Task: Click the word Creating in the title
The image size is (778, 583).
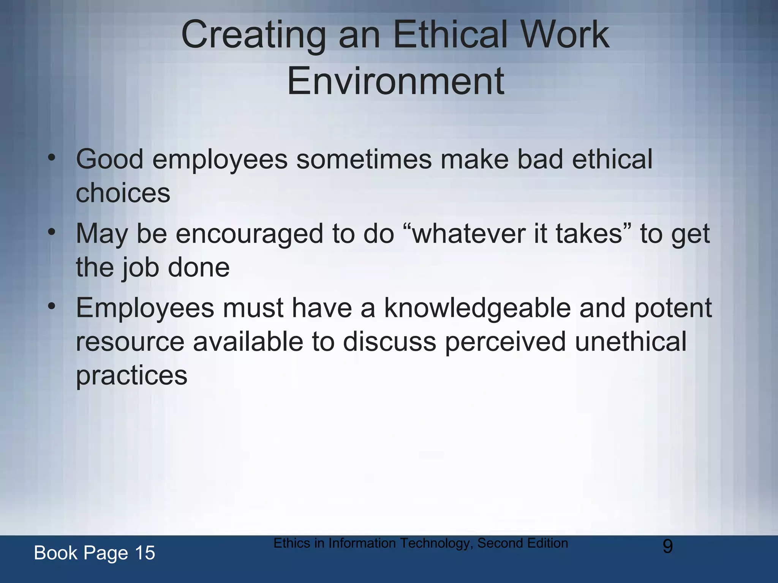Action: click(x=253, y=35)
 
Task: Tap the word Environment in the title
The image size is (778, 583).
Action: click(x=395, y=81)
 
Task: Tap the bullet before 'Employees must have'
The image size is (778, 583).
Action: click(x=52, y=306)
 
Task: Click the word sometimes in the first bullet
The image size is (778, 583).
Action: click(x=364, y=159)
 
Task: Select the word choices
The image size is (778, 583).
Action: click(x=123, y=193)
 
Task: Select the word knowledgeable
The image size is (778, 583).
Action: click(x=477, y=308)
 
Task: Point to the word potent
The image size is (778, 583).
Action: click(x=673, y=308)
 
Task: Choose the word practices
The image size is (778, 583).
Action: click(x=131, y=376)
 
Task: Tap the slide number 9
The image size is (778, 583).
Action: click(x=667, y=547)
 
